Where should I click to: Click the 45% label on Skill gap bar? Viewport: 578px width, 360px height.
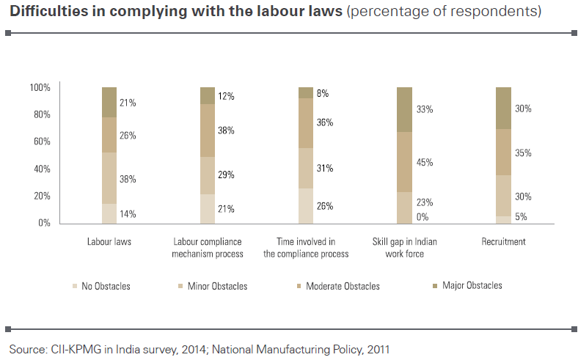[x=425, y=163]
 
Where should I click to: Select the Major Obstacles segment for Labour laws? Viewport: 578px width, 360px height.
[x=109, y=103]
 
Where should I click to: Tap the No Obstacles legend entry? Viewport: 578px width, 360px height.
[x=101, y=286]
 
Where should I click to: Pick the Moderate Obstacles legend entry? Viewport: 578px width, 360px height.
[x=338, y=286]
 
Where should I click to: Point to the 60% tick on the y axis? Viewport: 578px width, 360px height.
[x=42, y=142]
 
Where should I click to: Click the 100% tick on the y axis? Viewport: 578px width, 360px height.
[x=40, y=88]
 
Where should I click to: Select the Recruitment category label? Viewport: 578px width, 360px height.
[x=503, y=242]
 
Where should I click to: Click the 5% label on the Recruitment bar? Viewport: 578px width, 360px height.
[x=521, y=217]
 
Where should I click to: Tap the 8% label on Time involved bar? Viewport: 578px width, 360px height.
[x=323, y=94]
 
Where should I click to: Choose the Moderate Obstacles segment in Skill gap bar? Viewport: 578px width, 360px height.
[x=404, y=162]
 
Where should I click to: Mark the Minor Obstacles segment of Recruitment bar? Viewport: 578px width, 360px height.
[x=503, y=196]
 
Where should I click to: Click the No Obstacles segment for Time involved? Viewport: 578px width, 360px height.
[x=306, y=206]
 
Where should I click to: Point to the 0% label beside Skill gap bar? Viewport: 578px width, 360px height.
[x=422, y=217]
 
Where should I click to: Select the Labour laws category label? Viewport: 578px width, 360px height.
[x=109, y=242]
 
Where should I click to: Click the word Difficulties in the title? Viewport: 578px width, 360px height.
[x=49, y=11]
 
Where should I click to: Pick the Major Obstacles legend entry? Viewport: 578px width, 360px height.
[x=467, y=285]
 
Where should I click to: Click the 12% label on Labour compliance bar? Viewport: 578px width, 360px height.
[x=226, y=97]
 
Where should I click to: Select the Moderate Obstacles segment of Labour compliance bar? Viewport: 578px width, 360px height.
[x=208, y=131]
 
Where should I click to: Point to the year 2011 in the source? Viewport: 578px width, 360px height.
[x=378, y=349]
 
